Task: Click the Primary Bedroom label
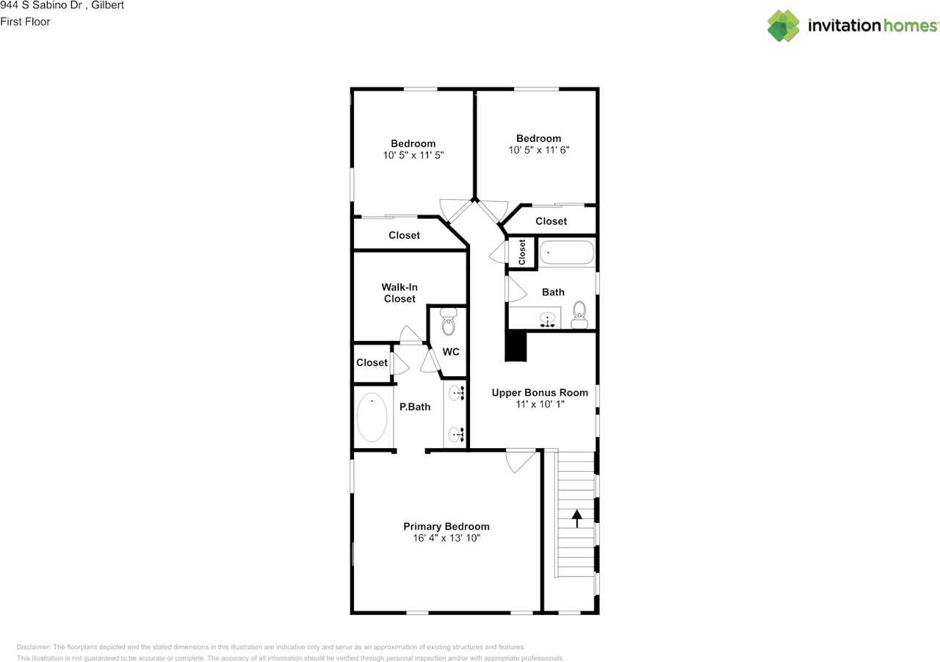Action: coord(446,526)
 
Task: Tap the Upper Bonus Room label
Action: coord(540,392)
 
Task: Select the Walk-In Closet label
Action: coord(399,293)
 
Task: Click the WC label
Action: coord(451,352)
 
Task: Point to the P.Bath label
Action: coord(415,407)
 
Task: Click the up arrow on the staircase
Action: coord(577,519)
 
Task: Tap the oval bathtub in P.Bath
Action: coord(372,417)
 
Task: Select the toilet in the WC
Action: coord(448,322)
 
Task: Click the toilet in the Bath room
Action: coord(579,315)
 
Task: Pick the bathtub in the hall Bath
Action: coord(567,252)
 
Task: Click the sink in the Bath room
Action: coord(547,319)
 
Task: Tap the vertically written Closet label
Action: coord(522,252)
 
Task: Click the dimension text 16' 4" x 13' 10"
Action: coord(446,538)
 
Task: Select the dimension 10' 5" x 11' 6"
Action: coord(539,150)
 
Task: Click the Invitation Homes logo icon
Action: coord(784,26)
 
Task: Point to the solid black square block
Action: coord(516,346)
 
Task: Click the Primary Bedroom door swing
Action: coord(521,461)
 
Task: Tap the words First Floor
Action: coord(25,21)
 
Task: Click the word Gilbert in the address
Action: coord(107,5)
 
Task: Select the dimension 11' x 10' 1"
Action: coord(540,404)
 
